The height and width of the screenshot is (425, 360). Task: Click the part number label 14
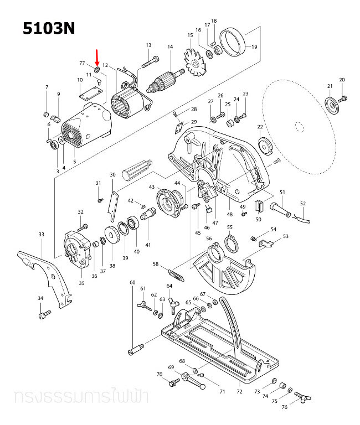coord(170,47)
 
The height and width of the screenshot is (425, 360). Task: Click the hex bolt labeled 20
coord(343,99)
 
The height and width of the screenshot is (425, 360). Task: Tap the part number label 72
coord(239,392)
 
